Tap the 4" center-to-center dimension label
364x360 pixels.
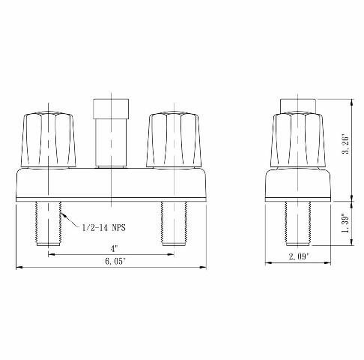tap(112, 248)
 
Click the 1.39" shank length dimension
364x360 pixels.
tap(345, 222)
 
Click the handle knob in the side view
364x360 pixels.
tap(300, 141)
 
